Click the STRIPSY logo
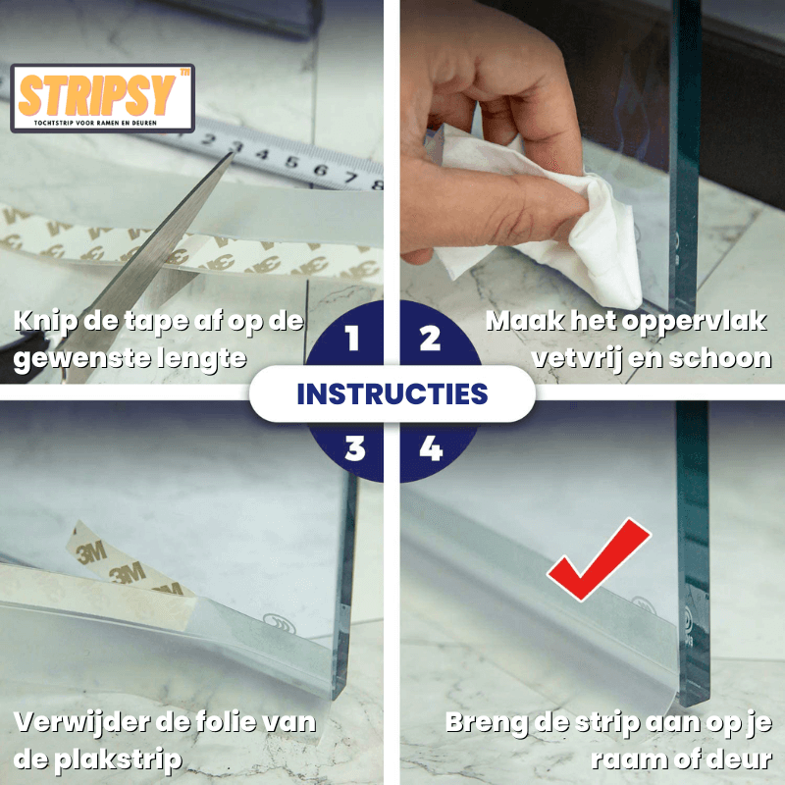pos(102,98)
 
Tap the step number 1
pos(352,340)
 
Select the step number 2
pos(430,340)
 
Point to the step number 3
pos(354,448)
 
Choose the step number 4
pos(430,448)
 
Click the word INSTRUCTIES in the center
pos(392,394)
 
